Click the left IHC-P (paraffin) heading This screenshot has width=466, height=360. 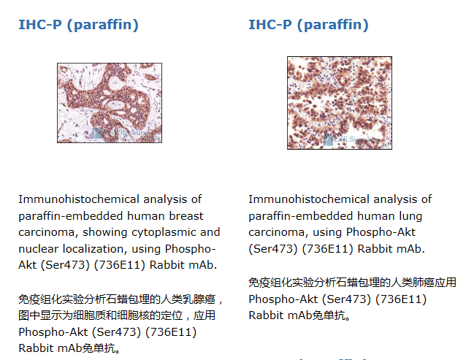tap(78, 25)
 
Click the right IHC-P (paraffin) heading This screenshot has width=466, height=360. tap(308, 25)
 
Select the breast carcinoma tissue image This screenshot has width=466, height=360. tap(110, 103)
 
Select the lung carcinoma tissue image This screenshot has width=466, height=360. tap(340, 103)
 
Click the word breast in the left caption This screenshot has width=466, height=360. tap(186, 216)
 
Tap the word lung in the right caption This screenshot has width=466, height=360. tap(410, 216)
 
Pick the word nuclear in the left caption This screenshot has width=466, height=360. tap(38, 249)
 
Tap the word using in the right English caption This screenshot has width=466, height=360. tap(327, 232)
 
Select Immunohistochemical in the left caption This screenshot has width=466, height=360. tap(79, 199)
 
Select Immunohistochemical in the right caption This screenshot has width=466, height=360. tap(309, 199)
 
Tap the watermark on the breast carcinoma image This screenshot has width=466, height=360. tap(125, 134)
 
